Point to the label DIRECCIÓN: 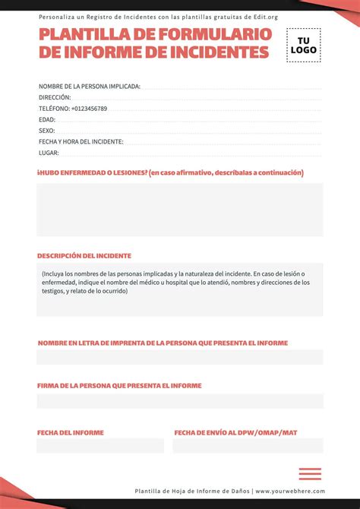click(55, 97)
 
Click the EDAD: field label click(47, 119)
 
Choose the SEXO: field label click(47, 131)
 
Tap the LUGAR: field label click(49, 153)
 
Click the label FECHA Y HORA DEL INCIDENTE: click(81, 141)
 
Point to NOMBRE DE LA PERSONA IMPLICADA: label click(90, 87)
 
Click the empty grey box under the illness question click(180, 209)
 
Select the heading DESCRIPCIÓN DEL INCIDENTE click(84, 256)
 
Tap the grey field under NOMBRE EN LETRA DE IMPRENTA click(180, 357)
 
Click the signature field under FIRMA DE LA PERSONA click(180, 400)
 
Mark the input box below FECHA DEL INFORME click(100, 445)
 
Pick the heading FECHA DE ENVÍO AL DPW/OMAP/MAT click(235, 432)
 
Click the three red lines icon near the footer click(310, 473)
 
